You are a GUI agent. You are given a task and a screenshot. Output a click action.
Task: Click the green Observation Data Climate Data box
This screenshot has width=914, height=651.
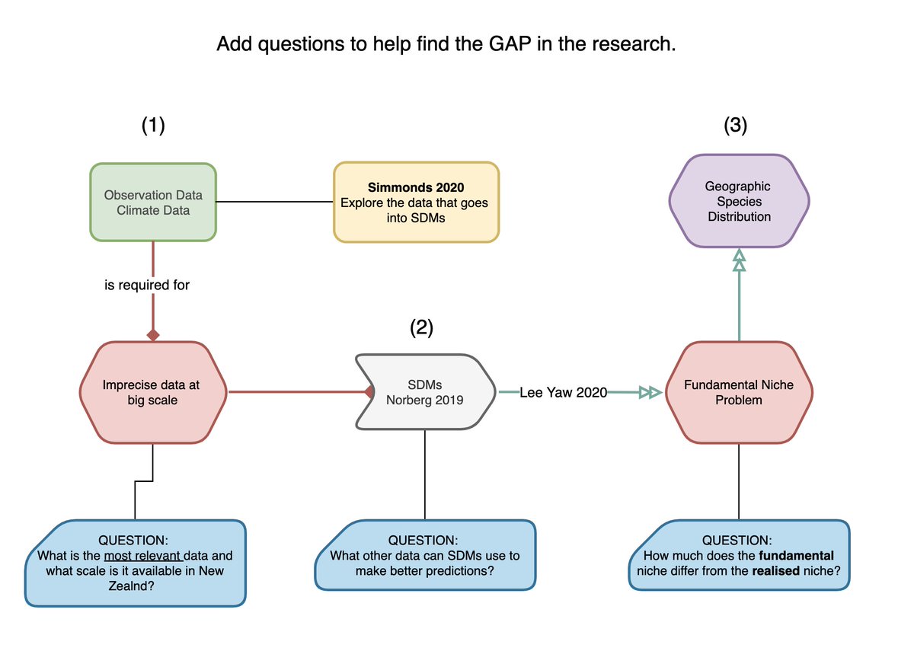coord(153,202)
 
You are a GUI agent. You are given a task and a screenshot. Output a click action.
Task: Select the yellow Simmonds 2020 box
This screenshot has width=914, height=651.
coord(416,202)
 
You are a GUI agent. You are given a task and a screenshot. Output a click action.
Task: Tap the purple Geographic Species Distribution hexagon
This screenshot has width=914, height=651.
coord(739,201)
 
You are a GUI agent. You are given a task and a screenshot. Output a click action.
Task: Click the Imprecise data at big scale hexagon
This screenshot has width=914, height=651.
coord(152,392)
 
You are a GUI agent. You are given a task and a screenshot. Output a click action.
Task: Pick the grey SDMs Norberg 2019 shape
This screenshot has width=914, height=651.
coord(425,392)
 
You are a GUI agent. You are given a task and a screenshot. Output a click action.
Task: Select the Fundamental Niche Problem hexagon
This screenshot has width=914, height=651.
coord(739,392)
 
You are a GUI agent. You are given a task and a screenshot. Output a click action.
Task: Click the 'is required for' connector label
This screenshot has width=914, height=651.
coord(147,286)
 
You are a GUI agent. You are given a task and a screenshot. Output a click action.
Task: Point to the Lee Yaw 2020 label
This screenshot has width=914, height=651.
coord(564,392)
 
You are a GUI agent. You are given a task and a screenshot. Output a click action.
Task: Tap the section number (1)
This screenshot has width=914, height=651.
coord(153,126)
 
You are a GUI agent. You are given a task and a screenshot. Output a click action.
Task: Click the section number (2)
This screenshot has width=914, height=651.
coord(421,327)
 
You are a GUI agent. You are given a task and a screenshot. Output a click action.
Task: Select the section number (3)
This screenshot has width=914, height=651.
coord(736,126)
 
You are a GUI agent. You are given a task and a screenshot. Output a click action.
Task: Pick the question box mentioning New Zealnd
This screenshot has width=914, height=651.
coord(136,563)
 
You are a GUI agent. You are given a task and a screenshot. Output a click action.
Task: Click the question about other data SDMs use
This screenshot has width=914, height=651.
coord(424,556)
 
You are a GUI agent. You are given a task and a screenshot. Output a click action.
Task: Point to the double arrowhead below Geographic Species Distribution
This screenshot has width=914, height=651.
coord(739,260)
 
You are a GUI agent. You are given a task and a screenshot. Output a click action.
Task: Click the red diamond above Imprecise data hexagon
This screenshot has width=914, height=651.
coord(153,334)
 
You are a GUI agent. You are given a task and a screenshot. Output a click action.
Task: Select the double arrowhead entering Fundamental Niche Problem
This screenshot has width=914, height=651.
coord(650,392)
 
